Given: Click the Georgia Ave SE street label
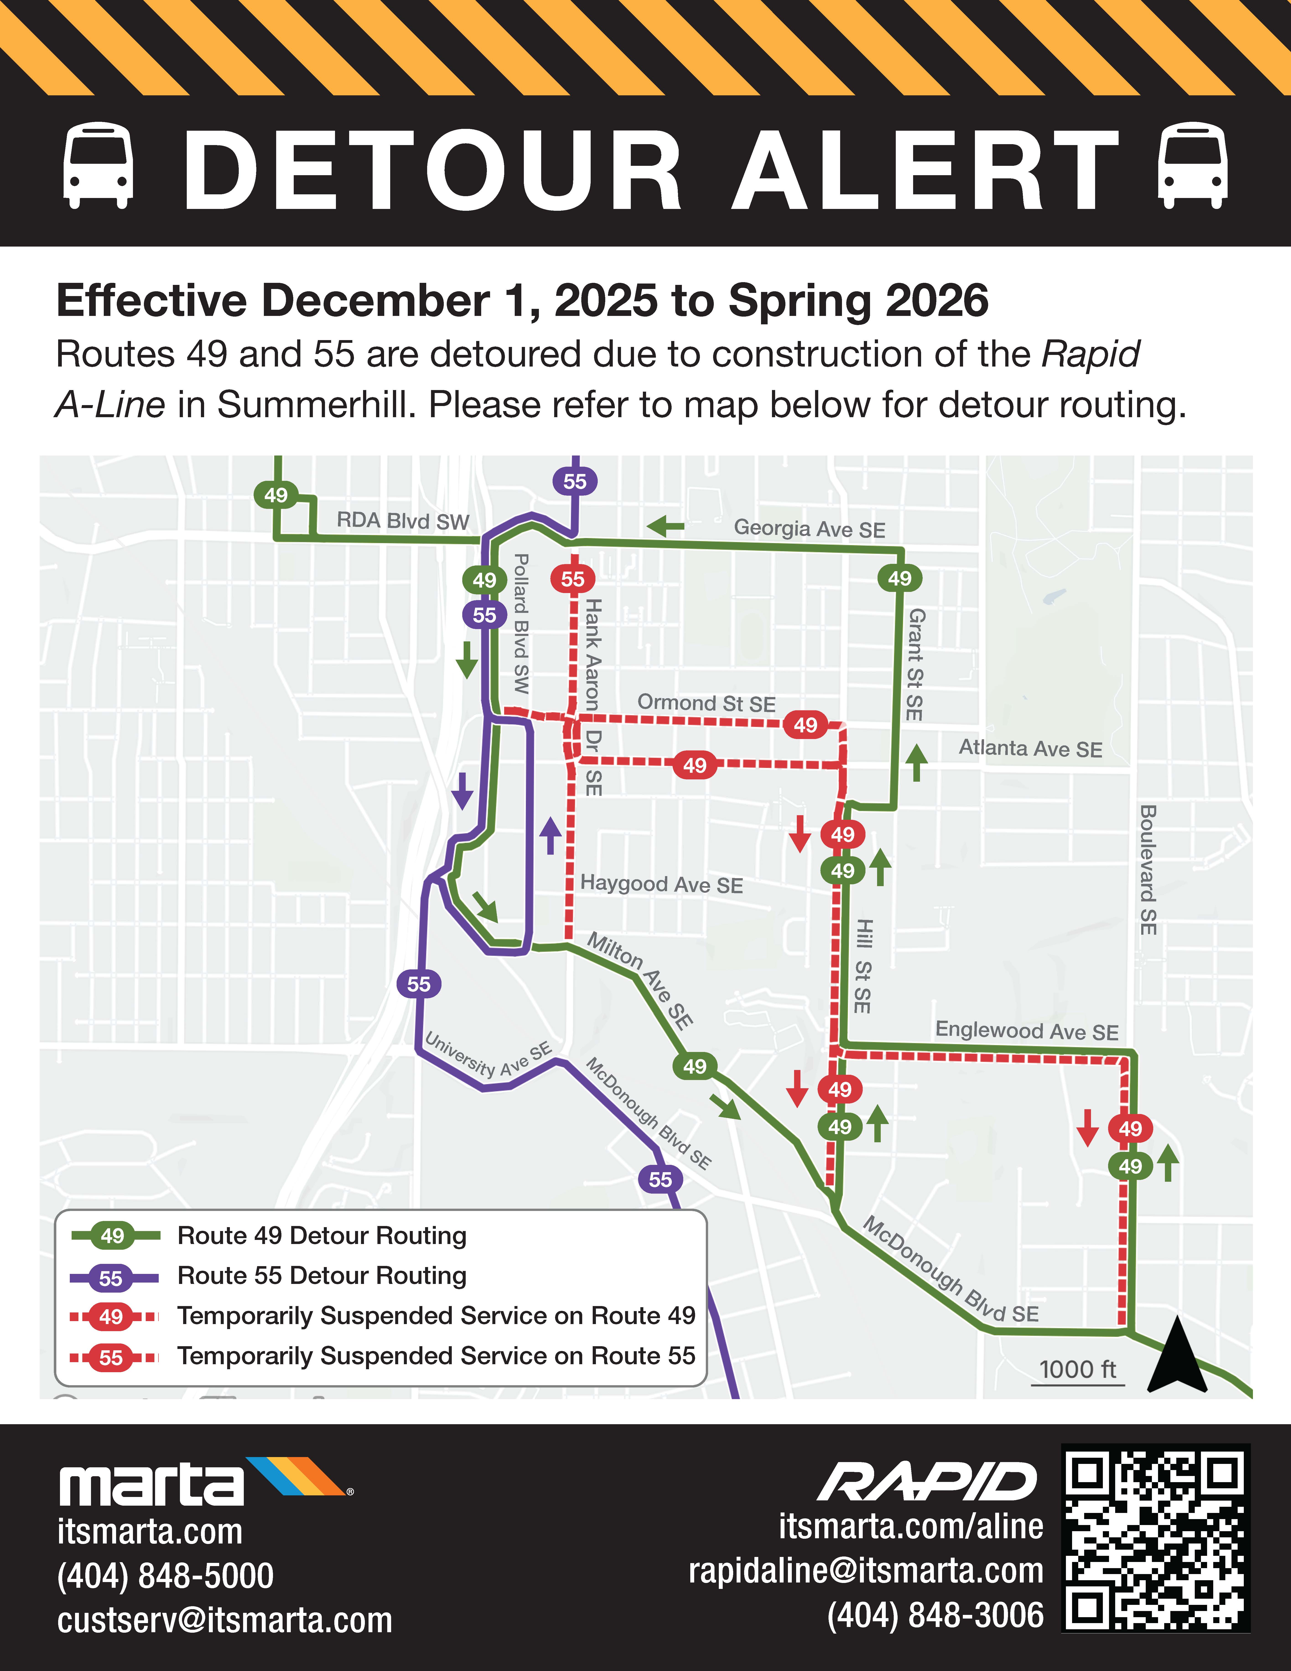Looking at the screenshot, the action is [809, 529].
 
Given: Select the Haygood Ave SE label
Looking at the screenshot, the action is [662, 885].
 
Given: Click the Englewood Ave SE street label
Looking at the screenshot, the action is [1026, 1031].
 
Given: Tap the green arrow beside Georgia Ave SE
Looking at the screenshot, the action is [665, 526].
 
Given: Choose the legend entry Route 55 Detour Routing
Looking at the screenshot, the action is [321, 1275].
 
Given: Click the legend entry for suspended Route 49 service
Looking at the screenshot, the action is [436, 1315].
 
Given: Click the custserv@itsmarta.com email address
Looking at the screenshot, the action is [225, 1620].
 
